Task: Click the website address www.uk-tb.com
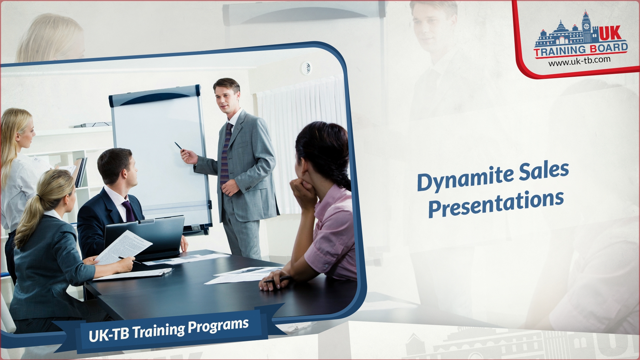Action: [x=579, y=61]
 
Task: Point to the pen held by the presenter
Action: [x=180, y=146]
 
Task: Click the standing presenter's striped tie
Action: [x=225, y=154]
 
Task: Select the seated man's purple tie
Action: [x=129, y=211]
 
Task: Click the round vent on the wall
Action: [x=306, y=67]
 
